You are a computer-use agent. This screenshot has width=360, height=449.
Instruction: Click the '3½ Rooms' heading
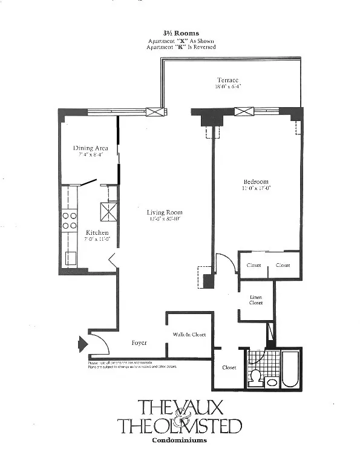coord(180,34)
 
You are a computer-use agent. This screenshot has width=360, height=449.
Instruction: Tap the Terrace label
coord(227,80)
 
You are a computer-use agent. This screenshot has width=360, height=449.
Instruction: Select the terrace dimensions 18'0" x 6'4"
coord(227,87)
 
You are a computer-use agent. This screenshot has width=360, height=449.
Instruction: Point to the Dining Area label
coord(90,148)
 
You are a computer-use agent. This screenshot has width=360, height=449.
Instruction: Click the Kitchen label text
coord(97,233)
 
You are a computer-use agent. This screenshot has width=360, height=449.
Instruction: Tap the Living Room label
coord(164,212)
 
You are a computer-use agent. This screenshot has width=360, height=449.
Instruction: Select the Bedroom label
coord(256,182)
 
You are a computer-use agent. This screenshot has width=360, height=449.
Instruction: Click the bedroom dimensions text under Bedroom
coord(256,188)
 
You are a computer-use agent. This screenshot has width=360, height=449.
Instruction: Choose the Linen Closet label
coord(256,300)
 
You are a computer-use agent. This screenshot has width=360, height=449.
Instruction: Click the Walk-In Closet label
coord(189,334)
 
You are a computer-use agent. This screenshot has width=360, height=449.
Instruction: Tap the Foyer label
coord(140,342)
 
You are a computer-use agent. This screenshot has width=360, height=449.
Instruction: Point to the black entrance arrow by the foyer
coord(82,345)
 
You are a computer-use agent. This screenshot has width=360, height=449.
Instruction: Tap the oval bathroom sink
coord(272,382)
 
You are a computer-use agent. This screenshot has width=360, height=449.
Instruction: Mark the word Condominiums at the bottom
coord(180,440)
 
